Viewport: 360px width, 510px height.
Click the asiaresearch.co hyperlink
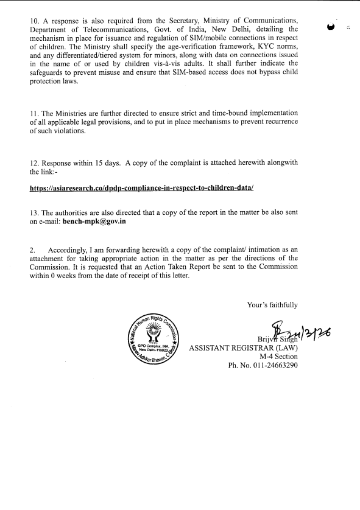pos(141,189)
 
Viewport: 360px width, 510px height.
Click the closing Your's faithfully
pos(272,304)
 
